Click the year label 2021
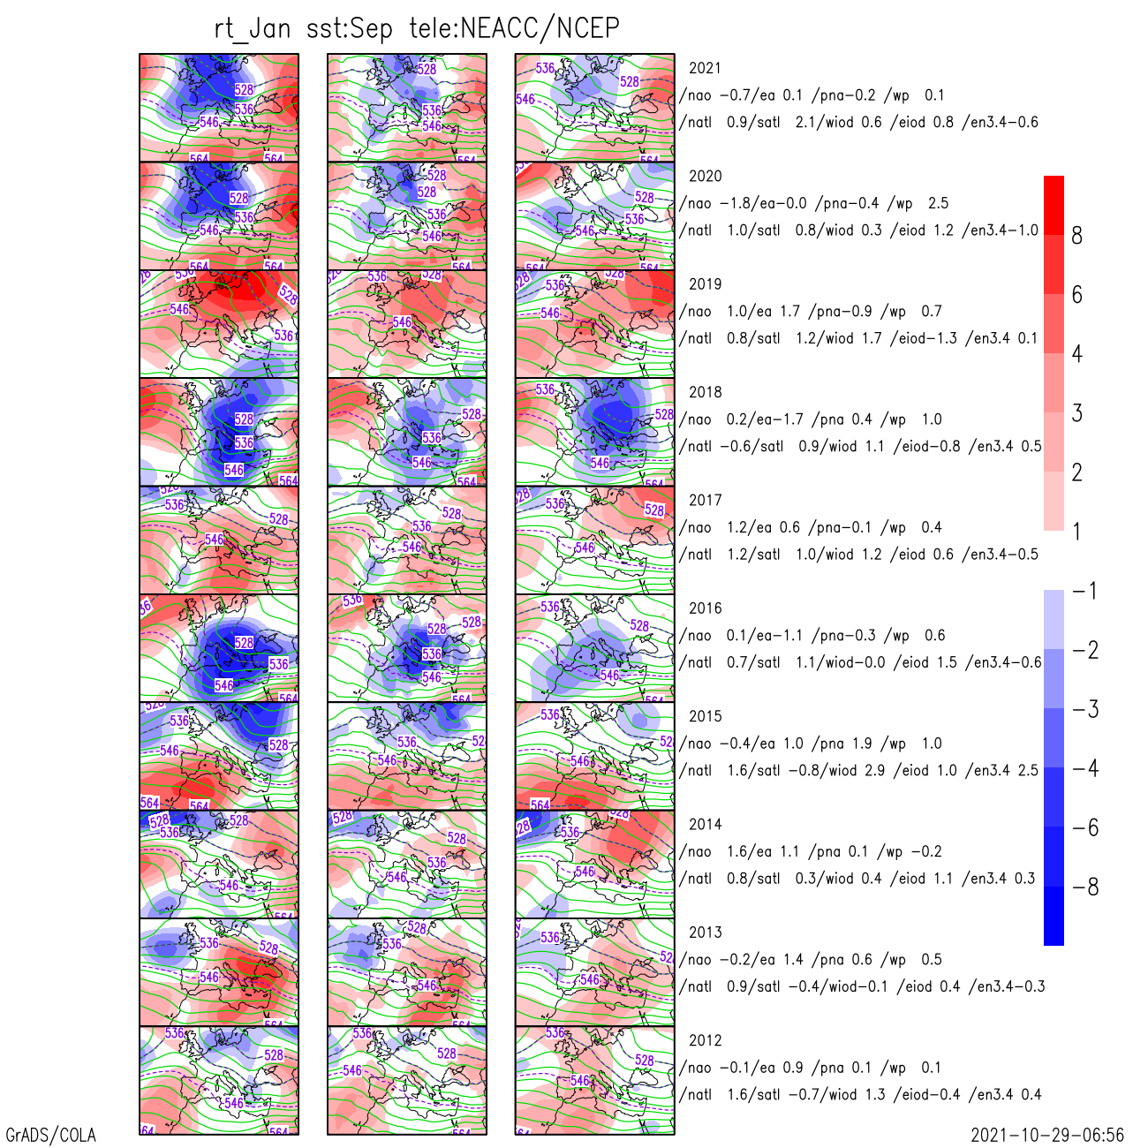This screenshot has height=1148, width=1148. pos(705,68)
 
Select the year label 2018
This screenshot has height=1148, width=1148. pos(705,392)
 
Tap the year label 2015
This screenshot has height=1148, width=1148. pos(705,716)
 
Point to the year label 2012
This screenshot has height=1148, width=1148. pos(705,1040)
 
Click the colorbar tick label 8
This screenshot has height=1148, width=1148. pos(1076,236)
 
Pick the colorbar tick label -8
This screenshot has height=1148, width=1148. pos(1085,887)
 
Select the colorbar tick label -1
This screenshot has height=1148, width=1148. pos(1085,591)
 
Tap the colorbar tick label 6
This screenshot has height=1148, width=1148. pos(1076,295)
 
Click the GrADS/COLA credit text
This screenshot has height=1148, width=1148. pos(51,1135)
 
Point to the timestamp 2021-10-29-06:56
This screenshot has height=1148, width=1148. pos(1047,1135)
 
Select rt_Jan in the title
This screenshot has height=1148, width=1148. pos(253,28)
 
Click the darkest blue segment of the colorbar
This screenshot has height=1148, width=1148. pos(1054,916)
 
